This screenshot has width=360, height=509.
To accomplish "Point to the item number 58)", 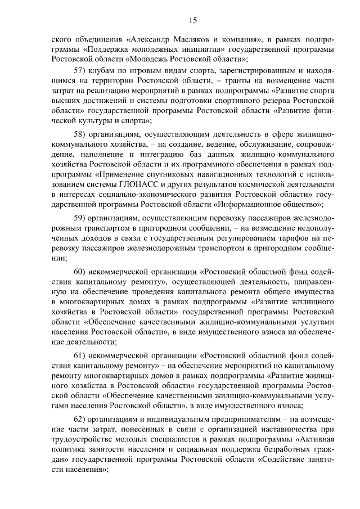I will tap(83, 135).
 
